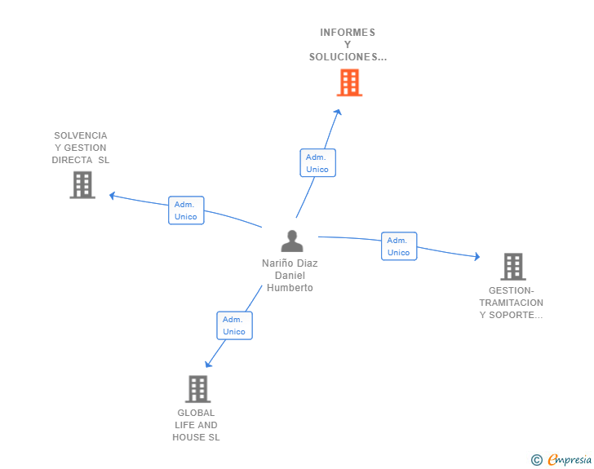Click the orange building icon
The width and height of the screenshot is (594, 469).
click(x=349, y=82)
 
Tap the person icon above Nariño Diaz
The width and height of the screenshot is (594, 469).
click(x=292, y=241)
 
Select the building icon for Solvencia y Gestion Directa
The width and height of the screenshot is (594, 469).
click(x=82, y=185)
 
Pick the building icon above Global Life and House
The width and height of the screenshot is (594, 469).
click(x=197, y=389)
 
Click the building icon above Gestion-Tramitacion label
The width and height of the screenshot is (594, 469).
click(x=513, y=267)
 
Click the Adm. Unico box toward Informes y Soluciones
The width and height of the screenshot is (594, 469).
click(x=317, y=163)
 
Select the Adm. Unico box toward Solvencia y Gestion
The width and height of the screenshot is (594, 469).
click(x=186, y=210)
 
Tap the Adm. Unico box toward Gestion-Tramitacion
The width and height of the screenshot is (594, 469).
click(x=399, y=246)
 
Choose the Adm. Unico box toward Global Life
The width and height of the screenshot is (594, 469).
click(x=234, y=325)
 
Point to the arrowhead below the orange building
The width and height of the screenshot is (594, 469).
click(x=338, y=112)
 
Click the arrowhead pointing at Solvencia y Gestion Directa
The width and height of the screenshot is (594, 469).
click(x=112, y=196)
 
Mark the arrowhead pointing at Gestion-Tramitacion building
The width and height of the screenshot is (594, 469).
click(x=477, y=256)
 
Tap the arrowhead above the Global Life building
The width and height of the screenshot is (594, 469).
click(x=208, y=365)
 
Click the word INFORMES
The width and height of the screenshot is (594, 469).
click(x=348, y=33)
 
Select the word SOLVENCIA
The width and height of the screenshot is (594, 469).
click(x=81, y=135)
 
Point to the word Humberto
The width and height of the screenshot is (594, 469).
click(x=290, y=288)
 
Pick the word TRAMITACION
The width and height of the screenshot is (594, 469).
click(x=511, y=303)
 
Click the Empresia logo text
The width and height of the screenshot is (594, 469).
click(x=570, y=459)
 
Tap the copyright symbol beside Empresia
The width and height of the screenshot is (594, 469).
click(x=536, y=460)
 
